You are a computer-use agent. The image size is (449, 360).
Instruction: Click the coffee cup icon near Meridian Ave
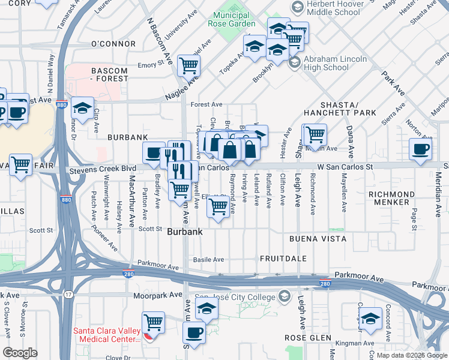click(x=420, y=149)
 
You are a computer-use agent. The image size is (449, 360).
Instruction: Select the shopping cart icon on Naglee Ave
click(x=188, y=64)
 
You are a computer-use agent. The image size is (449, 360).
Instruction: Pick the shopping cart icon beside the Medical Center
click(x=153, y=322)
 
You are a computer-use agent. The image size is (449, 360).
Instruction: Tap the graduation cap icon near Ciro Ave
click(x=82, y=108)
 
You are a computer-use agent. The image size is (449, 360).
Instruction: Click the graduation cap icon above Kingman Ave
click(x=370, y=318)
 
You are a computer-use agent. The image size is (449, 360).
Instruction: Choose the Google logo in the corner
click(x=20, y=352)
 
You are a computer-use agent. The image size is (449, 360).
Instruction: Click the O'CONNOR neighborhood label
click(x=113, y=44)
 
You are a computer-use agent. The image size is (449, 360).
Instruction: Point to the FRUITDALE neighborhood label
click(x=283, y=259)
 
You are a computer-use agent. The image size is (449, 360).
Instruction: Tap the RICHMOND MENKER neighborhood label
click(x=391, y=199)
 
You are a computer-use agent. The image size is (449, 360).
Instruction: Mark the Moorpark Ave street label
click(x=158, y=295)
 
